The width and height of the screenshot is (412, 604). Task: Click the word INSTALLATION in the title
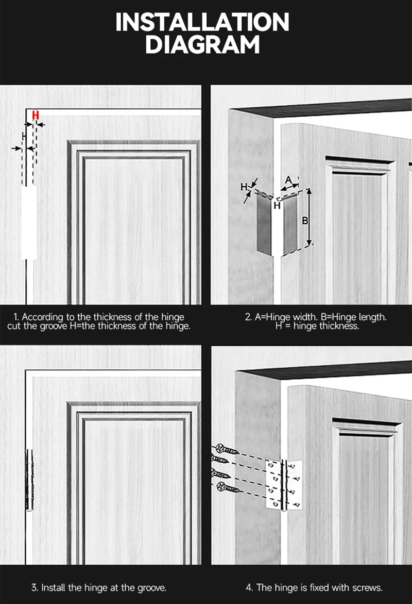click(x=202, y=23)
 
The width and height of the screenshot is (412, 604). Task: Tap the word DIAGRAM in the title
click(x=202, y=45)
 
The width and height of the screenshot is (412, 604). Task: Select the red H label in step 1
click(x=36, y=116)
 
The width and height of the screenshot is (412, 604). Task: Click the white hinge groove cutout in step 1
click(x=29, y=222)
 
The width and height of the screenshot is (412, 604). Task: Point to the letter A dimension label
click(x=289, y=180)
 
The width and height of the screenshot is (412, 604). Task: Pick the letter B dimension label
click(x=304, y=221)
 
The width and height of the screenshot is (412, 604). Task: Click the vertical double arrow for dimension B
click(x=310, y=217)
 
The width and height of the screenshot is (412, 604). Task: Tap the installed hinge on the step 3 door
click(x=29, y=479)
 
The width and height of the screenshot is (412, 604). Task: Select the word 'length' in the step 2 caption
click(x=372, y=317)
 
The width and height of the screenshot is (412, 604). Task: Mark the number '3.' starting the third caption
click(x=35, y=587)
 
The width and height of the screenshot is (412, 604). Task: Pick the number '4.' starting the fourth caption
click(x=249, y=587)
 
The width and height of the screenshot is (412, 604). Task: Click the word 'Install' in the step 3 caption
click(x=53, y=587)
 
